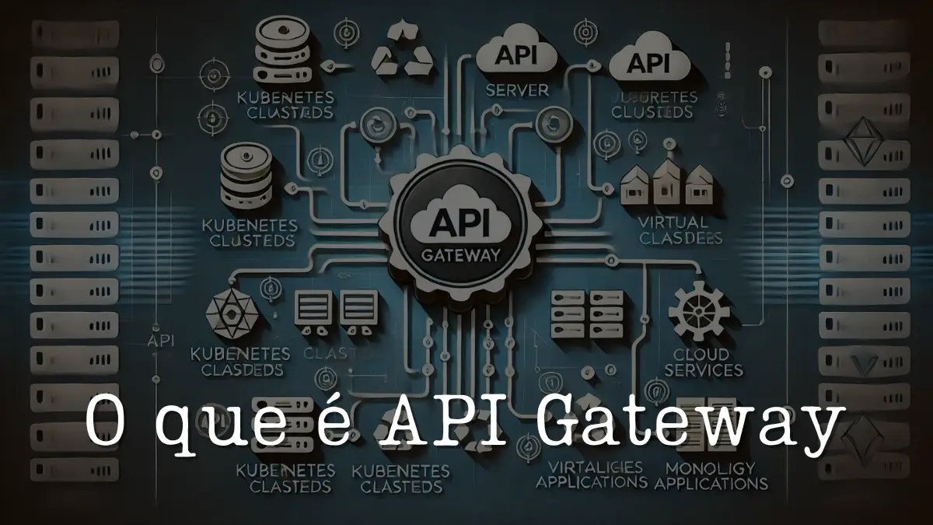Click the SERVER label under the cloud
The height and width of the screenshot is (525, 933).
[517, 90]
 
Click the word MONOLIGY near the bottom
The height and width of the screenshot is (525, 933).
[711, 468]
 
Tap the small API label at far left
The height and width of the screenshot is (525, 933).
[159, 341]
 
